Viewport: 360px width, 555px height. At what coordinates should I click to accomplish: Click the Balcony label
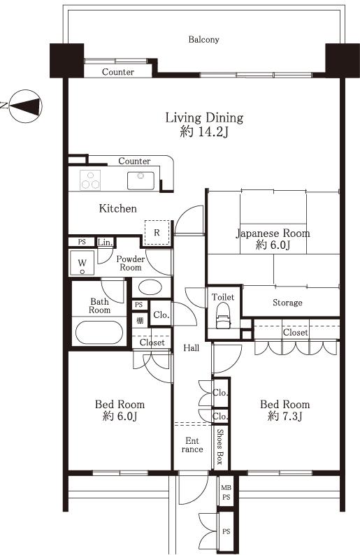(203, 40)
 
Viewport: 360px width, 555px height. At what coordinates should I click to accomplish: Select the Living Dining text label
(203, 117)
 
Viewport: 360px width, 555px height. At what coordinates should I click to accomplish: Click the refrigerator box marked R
(157, 232)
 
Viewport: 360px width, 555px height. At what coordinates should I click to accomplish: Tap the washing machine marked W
(82, 265)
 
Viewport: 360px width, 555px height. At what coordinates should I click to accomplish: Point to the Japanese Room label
(273, 233)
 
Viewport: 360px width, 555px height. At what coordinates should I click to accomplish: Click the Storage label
(287, 303)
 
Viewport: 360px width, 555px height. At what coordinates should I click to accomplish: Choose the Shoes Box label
(219, 447)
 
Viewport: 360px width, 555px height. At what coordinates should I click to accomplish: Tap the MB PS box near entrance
(226, 492)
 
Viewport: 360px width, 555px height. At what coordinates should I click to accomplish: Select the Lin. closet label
(105, 243)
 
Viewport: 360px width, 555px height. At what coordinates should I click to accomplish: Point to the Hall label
(192, 348)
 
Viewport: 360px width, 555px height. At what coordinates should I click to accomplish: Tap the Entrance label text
(192, 445)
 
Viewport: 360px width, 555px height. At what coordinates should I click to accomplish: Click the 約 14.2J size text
(203, 131)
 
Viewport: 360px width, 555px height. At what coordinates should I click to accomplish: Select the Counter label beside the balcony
(117, 72)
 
